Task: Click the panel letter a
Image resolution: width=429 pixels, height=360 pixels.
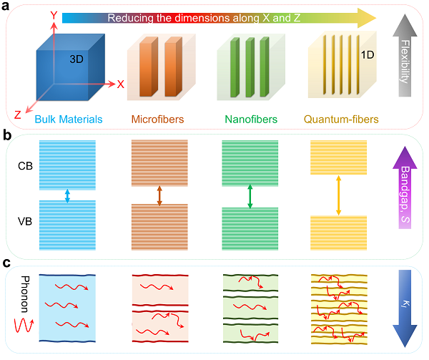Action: [x=5, y=6]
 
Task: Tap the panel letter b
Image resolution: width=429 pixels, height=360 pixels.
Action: [x=7, y=135]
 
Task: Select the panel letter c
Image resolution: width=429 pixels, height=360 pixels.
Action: [x=6, y=263]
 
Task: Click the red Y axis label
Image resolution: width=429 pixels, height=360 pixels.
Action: [x=54, y=15]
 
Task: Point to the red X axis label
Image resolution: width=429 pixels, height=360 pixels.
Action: [x=120, y=84]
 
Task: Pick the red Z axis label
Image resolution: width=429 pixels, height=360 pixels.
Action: [x=17, y=115]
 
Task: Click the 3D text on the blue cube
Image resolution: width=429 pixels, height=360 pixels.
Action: [x=77, y=59]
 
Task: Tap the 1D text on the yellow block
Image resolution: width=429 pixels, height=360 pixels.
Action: [x=368, y=55]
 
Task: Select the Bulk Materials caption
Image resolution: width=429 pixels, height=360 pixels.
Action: [x=69, y=120]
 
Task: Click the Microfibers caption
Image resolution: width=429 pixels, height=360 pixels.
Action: [x=157, y=120]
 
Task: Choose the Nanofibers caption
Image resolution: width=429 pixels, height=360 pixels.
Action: [x=251, y=120]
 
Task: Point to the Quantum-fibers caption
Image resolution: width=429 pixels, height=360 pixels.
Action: [x=341, y=120]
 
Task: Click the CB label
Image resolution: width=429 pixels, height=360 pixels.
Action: [x=25, y=166]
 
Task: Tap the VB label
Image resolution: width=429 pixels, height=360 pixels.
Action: [x=25, y=221]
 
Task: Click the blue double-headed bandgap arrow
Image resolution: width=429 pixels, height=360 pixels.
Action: [x=67, y=195]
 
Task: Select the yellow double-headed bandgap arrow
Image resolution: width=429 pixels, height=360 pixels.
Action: [x=338, y=195]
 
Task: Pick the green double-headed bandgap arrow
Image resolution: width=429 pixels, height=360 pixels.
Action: [x=250, y=196]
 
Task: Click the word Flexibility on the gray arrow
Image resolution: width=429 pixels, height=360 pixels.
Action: [x=405, y=62]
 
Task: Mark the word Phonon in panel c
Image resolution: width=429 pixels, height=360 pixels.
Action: [x=25, y=294]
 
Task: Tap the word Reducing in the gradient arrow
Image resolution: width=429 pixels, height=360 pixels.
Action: [x=130, y=18]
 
